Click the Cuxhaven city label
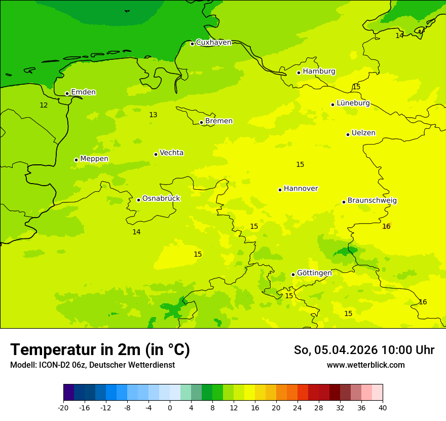pos(213,43)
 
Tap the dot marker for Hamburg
pos(299,73)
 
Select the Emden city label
pos(83,92)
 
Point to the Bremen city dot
pos(201,122)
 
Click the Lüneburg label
pos(353,103)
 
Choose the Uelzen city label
pos(363,133)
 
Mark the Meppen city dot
pos(76,160)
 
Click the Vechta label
pos(171,153)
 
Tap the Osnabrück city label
pos(161,198)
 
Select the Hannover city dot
pos(280,190)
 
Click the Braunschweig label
pos(372,201)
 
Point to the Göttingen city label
pos(314,273)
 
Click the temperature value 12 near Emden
pos(44,105)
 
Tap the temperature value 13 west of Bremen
pos(153,115)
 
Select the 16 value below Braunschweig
pos(386,227)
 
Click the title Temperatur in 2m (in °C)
pos(100,349)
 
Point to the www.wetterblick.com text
pos(365,365)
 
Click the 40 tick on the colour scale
pos(383,407)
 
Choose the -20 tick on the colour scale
pos(63,407)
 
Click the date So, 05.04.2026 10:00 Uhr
pos(364,350)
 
